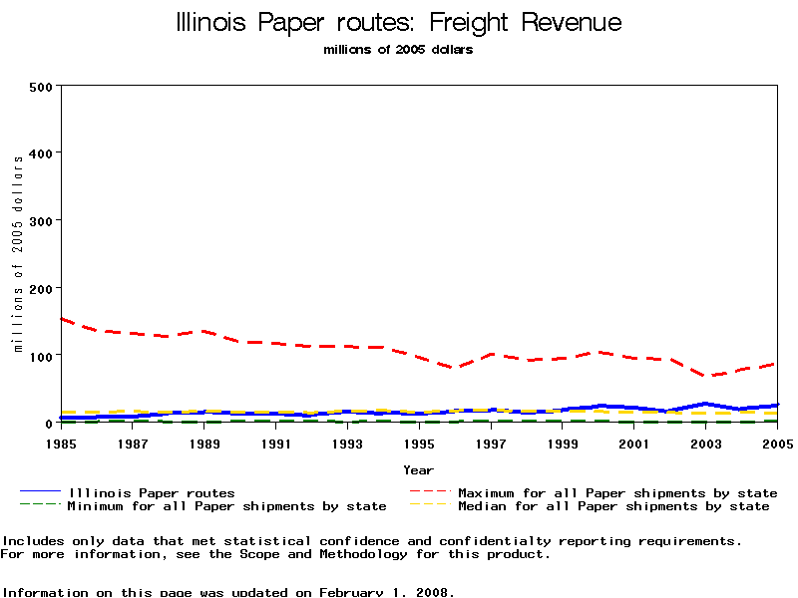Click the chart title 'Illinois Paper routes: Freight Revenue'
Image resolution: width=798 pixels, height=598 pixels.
tap(398, 23)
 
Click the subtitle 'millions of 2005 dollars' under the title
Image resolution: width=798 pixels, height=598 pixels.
tap(398, 50)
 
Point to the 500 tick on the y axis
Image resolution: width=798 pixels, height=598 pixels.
tap(40, 87)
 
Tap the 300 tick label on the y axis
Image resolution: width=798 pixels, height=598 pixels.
tap(40, 220)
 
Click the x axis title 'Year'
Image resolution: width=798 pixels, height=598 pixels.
tap(418, 469)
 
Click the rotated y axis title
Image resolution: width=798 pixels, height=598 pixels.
tap(17, 254)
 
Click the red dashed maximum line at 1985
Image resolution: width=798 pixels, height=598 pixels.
tap(62, 319)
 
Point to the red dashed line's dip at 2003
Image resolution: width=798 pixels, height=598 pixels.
tap(706, 376)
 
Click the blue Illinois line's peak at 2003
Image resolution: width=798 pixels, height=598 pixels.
tap(706, 404)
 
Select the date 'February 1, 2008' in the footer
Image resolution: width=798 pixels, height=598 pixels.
tap(387, 592)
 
